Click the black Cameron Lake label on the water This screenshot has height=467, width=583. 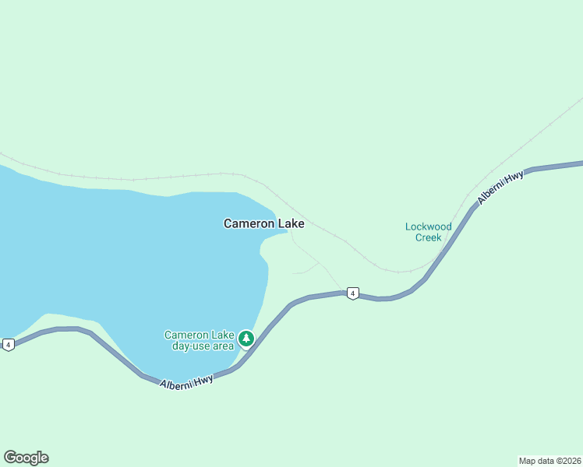(x=263, y=223)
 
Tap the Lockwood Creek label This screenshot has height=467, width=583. (x=428, y=232)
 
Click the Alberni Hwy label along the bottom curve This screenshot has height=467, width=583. (x=186, y=382)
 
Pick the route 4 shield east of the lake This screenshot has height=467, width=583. (x=353, y=293)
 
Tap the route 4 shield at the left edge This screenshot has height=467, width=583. (x=8, y=344)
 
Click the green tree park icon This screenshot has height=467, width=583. (x=246, y=338)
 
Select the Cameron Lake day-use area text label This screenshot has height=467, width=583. (x=200, y=340)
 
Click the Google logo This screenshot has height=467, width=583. (x=26, y=458)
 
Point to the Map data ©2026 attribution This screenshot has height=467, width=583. (x=549, y=460)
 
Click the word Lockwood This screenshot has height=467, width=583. (x=428, y=227)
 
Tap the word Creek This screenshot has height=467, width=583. (x=428, y=237)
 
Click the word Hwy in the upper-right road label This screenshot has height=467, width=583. (x=514, y=178)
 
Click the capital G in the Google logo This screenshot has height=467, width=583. (x=10, y=458)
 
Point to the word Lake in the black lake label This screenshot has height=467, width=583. (x=291, y=223)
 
